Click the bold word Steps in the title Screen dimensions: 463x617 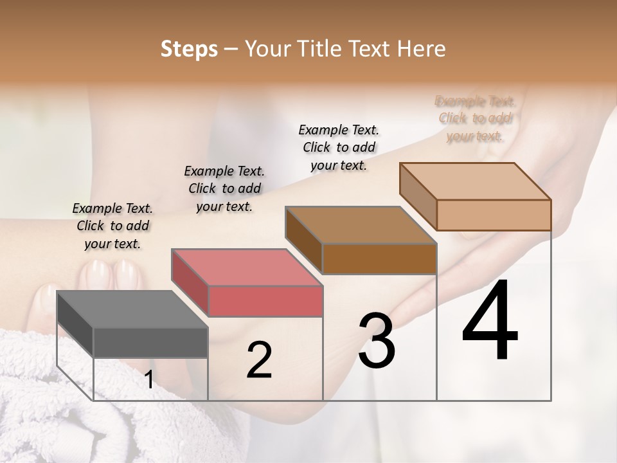[x=189, y=49]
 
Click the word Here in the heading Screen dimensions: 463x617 [x=422, y=49]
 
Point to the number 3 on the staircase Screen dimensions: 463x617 [x=377, y=341]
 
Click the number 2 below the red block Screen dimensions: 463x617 [x=259, y=360]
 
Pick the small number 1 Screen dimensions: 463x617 [x=149, y=380]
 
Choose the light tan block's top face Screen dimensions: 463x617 [x=476, y=181]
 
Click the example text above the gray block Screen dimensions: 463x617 [x=112, y=226]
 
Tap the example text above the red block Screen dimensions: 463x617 [x=224, y=188]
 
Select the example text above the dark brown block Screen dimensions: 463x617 [x=339, y=147]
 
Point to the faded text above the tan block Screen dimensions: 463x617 [x=475, y=118]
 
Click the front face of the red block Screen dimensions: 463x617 [x=265, y=301]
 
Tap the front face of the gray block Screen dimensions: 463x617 [x=151, y=342]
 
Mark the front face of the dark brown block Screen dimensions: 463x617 [x=379, y=259]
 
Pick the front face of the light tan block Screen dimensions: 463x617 [x=494, y=215]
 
